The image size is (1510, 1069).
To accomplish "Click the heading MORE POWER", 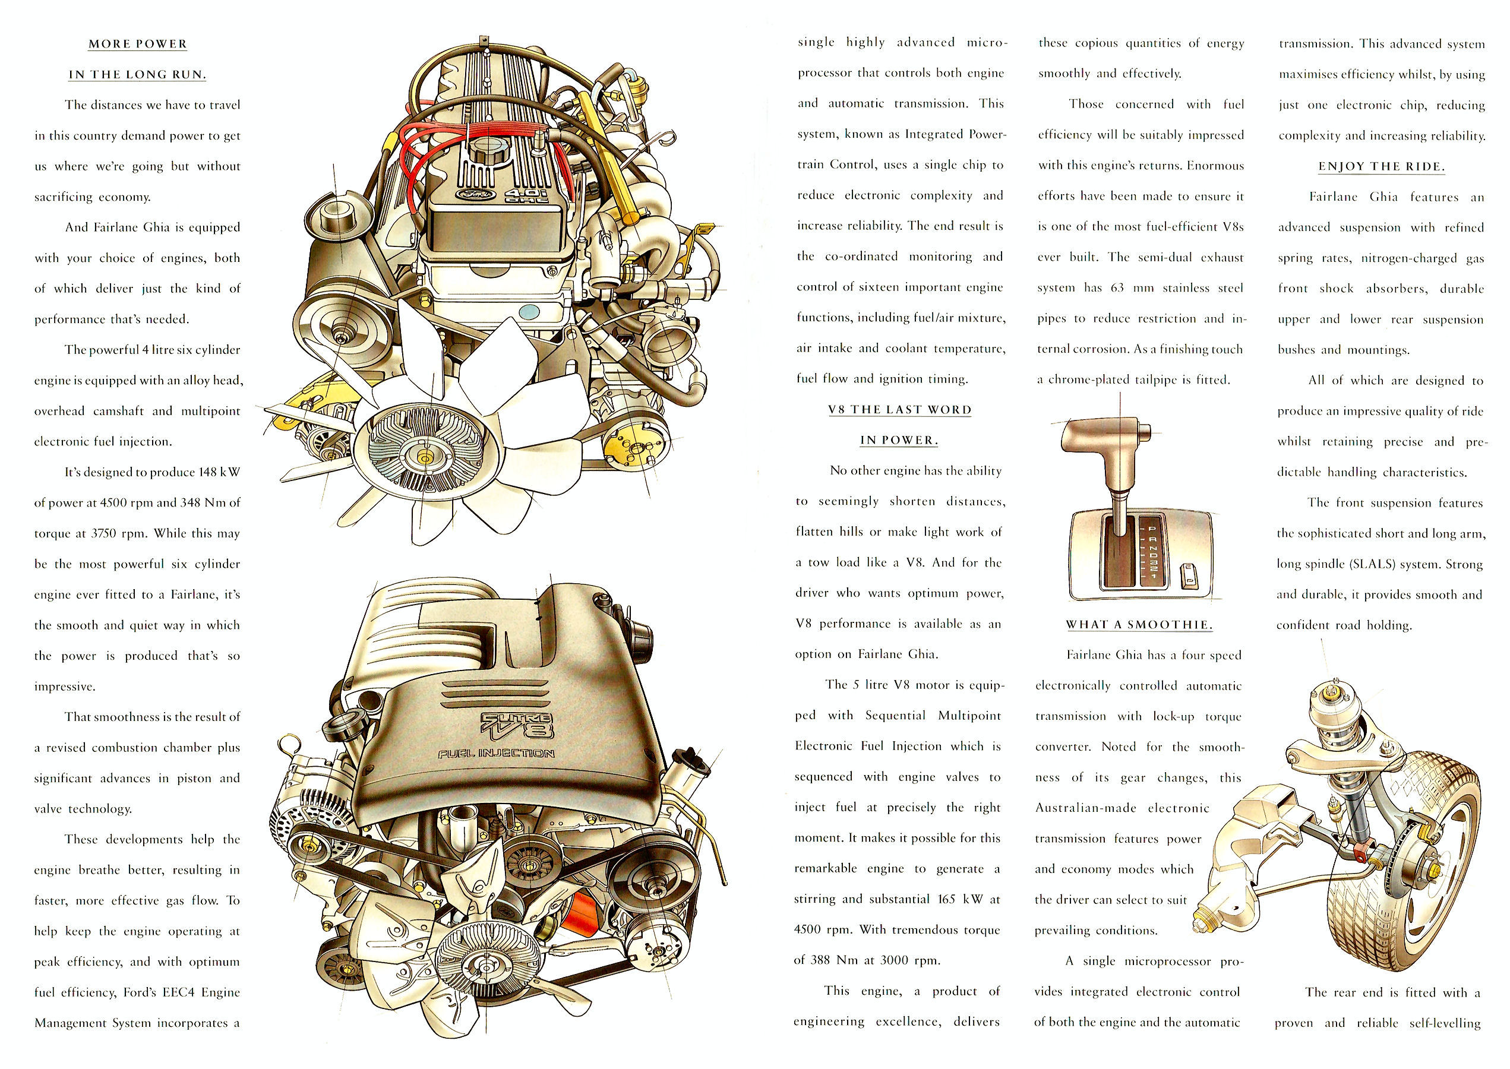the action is [138, 44].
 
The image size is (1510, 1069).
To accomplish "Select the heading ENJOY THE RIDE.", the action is [1381, 166].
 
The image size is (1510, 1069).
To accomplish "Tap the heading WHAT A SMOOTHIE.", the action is [1139, 625].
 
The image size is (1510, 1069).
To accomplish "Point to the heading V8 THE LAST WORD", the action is [900, 409].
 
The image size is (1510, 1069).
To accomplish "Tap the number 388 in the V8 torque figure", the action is [820, 960].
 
